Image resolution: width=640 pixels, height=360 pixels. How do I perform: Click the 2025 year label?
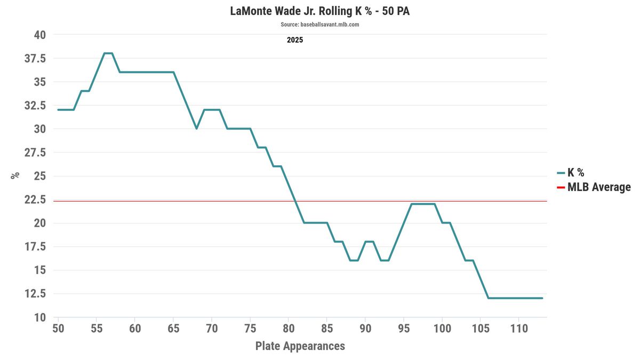tap(295, 40)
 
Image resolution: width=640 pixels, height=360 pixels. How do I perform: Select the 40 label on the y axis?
tap(41, 35)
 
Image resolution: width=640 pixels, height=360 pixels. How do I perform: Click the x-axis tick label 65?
tap(173, 328)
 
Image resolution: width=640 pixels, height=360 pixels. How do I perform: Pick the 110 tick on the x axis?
tap(519, 328)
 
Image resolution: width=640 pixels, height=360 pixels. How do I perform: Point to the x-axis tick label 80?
tap(289, 328)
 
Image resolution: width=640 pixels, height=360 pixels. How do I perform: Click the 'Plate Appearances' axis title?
tap(300, 346)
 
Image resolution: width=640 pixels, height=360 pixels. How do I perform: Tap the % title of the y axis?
tap(15, 175)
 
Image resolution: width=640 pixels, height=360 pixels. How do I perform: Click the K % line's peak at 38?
tap(108, 53)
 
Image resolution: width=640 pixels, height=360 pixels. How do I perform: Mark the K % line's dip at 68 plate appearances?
tap(196, 129)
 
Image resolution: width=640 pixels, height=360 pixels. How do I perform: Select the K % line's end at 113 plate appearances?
tap(542, 298)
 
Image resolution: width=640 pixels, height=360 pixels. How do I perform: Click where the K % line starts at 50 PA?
tap(58, 110)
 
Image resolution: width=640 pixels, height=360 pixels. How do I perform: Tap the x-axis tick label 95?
tap(404, 328)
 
